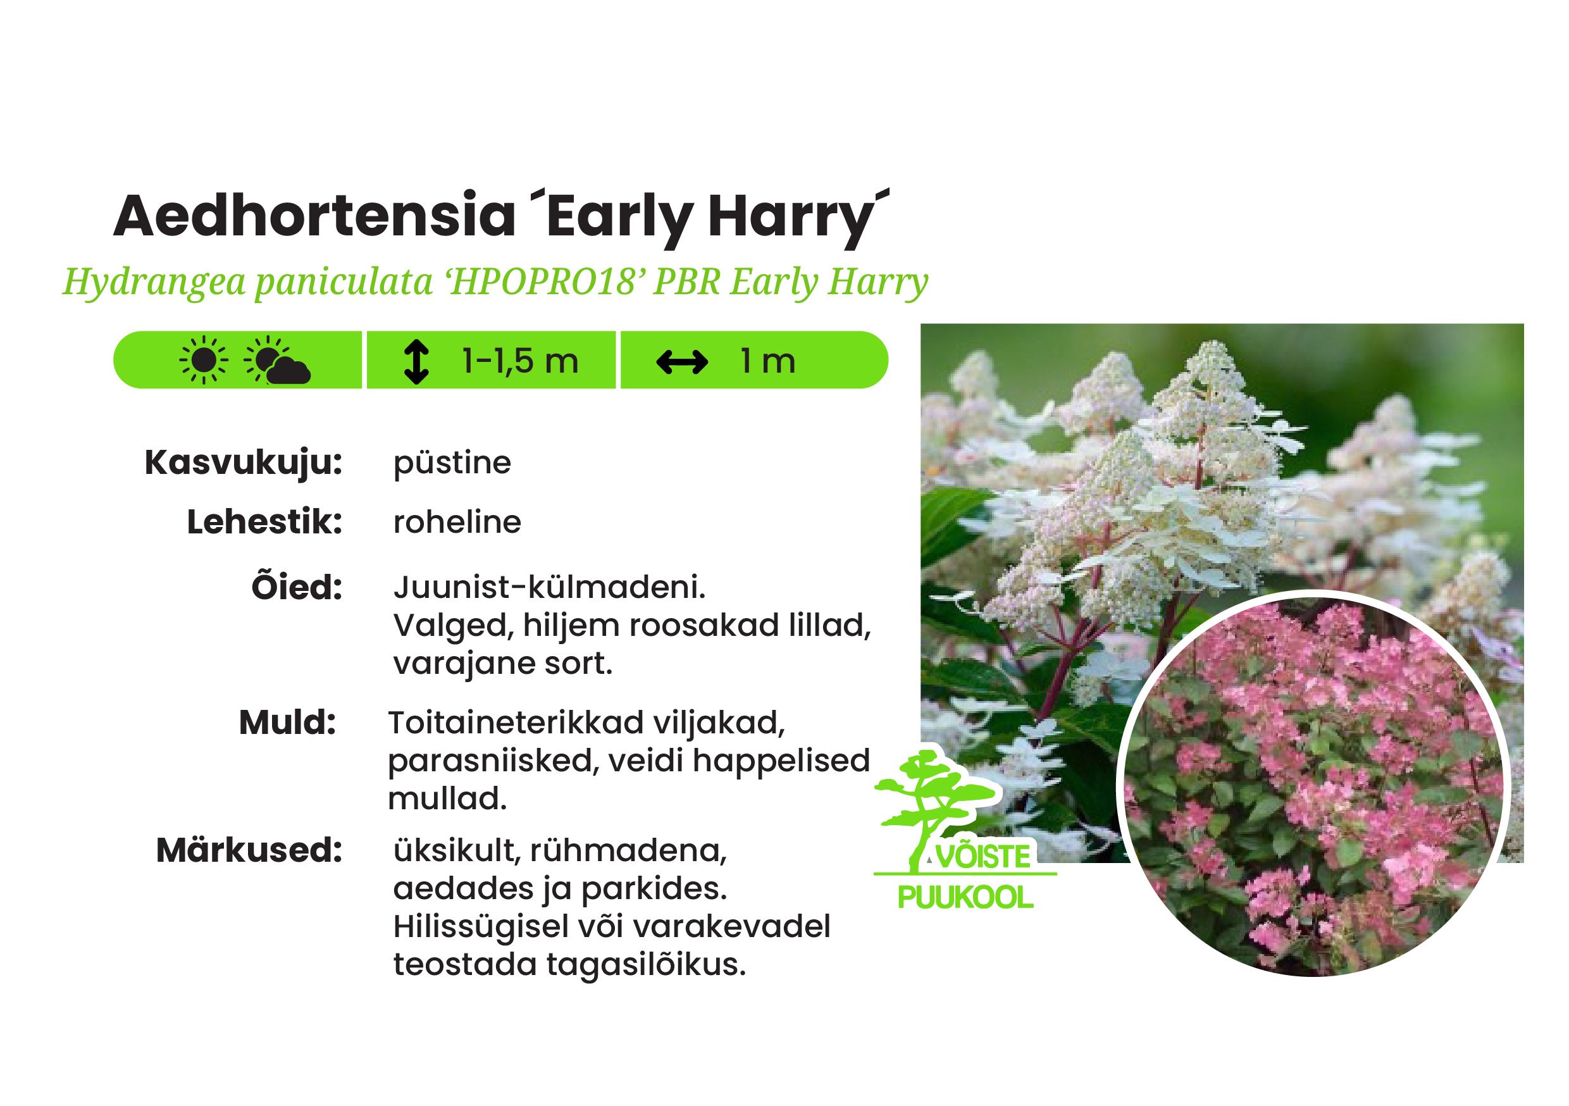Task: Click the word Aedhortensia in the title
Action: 314,216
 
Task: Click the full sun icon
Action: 203,360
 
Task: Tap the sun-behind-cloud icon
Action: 276,360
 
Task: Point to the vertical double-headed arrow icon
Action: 416,362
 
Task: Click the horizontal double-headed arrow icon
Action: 681,363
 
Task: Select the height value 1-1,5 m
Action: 520,360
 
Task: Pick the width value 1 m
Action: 768,361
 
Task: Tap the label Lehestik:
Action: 264,522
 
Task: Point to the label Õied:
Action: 297,586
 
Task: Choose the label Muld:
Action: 288,723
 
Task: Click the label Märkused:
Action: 249,850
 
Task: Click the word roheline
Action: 457,522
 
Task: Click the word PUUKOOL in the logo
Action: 965,897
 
